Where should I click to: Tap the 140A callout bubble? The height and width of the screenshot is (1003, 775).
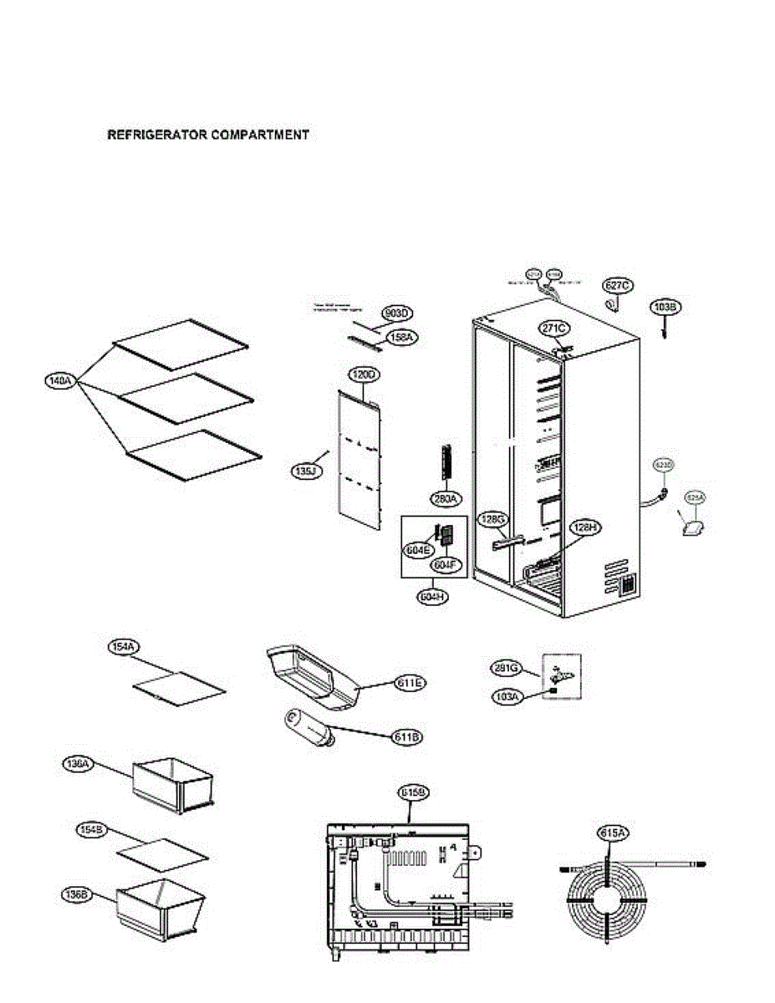pos(59,381)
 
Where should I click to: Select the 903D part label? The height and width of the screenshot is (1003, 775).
pos(398,313)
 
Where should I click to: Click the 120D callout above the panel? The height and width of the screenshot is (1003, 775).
pos(363,375)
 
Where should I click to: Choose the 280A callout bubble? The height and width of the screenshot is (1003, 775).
pos(445,499)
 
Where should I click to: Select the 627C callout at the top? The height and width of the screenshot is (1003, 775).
pos(617,286)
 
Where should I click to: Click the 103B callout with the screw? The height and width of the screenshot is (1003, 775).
pos(666,308)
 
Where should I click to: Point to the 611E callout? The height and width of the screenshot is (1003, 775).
pos(408,683)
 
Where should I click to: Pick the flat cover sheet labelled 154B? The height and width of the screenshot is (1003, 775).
pos(161,853)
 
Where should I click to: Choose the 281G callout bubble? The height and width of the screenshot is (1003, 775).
pos(507,668)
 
